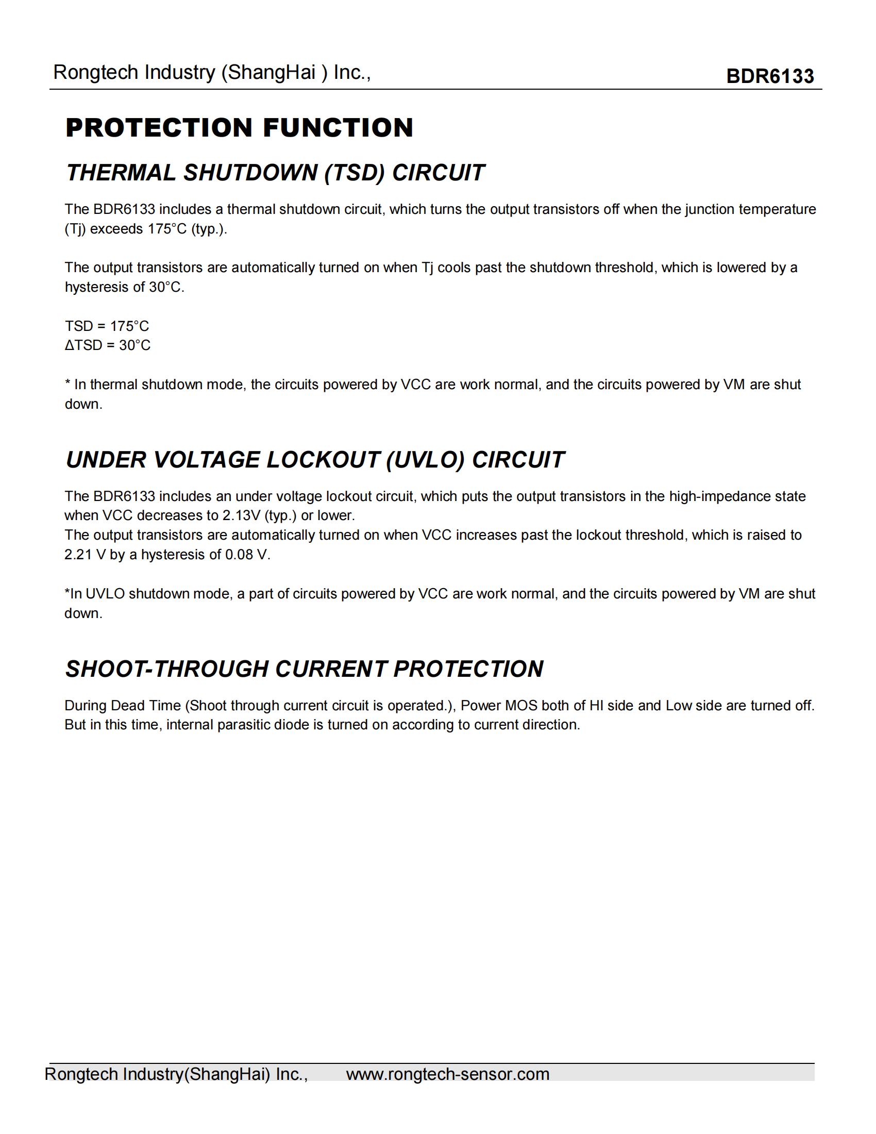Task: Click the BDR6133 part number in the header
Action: click(x=770, y=76)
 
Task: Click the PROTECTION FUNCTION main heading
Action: click(x=239, y=128)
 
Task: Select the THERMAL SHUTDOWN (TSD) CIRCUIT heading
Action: click(x=275, y=173)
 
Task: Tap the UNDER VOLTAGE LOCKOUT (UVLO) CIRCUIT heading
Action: click(x=314, y=460)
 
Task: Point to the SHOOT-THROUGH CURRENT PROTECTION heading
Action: click(x=304, y=669)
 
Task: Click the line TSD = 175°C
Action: click(x=107, y=326)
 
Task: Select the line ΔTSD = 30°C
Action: click(x=107, y=345)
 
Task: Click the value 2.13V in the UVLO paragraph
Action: click(x=241, y=515)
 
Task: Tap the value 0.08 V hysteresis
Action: click(x=247, y=555)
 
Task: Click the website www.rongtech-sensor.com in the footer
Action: click(x=447, y=1074)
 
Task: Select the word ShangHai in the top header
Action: click(x=272, y=73)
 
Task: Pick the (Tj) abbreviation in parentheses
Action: click(x=75, y=229)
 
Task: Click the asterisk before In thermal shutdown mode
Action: click(x=68, y=383)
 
